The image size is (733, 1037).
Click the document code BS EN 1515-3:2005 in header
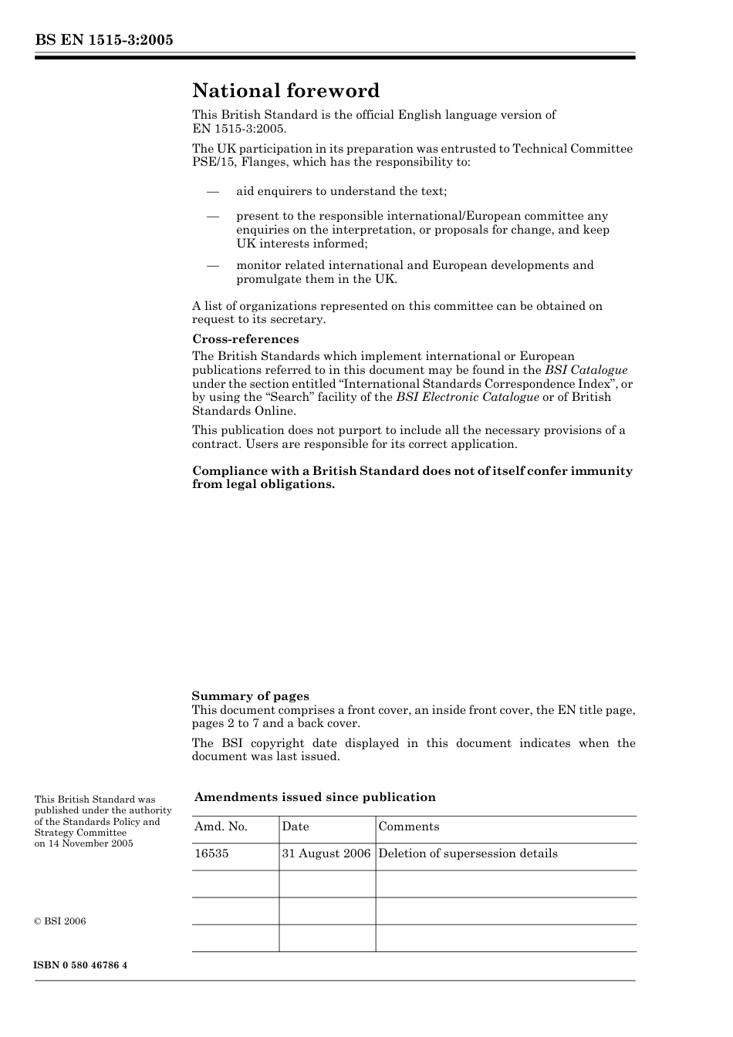(x=103, y=40)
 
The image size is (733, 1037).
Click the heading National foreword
(x=285, y=91)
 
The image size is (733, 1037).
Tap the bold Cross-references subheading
(x=245, y=339)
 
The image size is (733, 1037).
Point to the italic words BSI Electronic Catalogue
(x=468, y=397)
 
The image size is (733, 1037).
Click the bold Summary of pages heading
(x=250, y=696)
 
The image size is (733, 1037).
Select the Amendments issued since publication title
(x=314, y=797)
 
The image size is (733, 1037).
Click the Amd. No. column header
(x=221, y=827)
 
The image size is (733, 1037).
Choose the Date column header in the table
(x=295, y=827)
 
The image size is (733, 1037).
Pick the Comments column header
(x=408, y=827)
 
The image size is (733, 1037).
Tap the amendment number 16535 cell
(x=211, y=854)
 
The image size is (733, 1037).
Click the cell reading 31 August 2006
(x=326, y=854)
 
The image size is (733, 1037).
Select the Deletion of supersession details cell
(x=468, y=854)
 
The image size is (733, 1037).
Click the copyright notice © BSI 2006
(x=60, y=921)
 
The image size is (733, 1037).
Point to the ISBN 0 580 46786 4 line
(x=81, y=965)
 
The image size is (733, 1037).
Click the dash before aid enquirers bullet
(x=213, y=191)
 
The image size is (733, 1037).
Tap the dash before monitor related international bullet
(x=213, y=265)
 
